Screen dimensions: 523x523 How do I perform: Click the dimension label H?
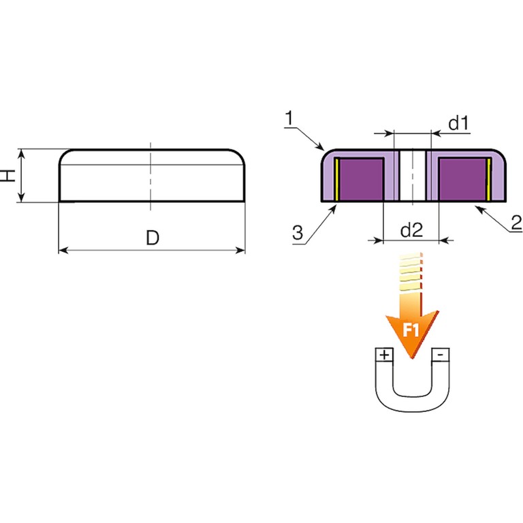pos(10,175)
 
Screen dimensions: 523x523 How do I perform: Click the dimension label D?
pos(153,238)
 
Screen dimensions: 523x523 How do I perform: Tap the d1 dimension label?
pos(458,123)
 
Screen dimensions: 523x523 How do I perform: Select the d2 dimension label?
pos(411,229)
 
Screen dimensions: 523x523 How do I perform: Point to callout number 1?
pos(289,118)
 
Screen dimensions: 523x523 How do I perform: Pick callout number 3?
pos(298,232)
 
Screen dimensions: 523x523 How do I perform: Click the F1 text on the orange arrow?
pos(411,330)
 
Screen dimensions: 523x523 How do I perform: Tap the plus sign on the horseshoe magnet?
pos(385,355)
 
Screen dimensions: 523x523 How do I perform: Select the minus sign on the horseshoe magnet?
pos(440,355)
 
